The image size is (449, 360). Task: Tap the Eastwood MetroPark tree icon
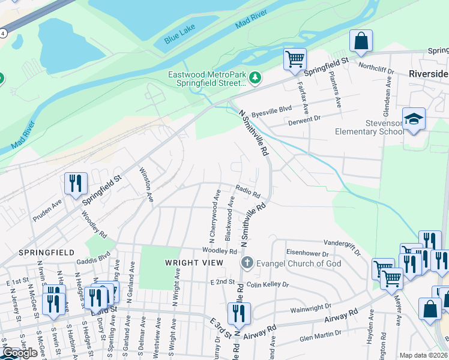pyautogui.click(x=256, y=78)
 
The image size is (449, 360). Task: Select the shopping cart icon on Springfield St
pyautogui.click(x=295, y=59)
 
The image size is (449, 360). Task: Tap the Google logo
pyautogui.click(x=20, y=352)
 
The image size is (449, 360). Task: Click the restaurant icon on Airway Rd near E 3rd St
pyautogui.click(x=239, y=313)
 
